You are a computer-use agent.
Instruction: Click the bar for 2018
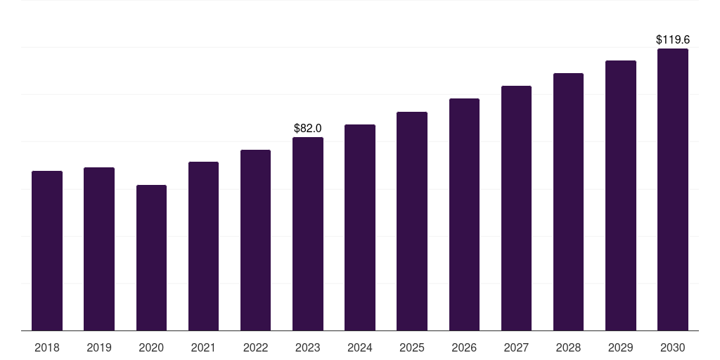(47, 251)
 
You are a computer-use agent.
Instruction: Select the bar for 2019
(99, 249)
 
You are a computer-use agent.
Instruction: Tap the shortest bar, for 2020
(152, 257)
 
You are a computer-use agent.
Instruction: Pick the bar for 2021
(203, 246)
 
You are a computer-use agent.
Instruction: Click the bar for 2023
(308, 233)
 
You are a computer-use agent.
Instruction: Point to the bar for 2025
(412, 221)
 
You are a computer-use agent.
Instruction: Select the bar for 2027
(516, 208)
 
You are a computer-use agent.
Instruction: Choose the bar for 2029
(621, 195)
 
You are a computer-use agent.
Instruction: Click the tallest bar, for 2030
(673, 189)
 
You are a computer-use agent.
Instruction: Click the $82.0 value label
(308, 128)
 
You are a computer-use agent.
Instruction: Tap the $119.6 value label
(673, 39)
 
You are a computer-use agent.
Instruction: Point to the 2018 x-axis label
(47, 347)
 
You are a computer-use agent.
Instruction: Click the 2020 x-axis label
(152, 347)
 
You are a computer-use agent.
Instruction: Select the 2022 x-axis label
(255, 347)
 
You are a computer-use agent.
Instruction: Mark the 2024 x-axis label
(360, 347)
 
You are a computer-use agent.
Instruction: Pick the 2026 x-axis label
(464, 347)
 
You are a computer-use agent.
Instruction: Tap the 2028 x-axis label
(568, 347)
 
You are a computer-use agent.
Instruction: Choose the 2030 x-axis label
(673, 347)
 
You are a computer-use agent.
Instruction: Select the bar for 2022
(255, 240)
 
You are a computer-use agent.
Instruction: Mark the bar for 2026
(464, 214)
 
